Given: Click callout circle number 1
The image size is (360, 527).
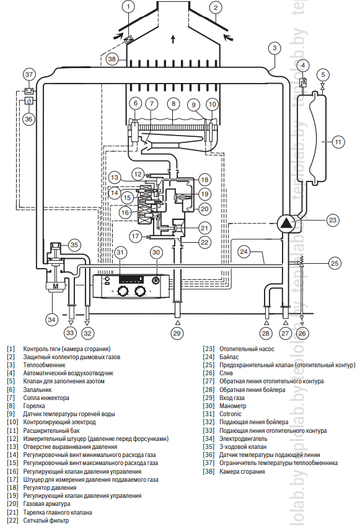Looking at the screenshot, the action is tap(128, 7).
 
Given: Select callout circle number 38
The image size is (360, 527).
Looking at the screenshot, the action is tap(112, 59).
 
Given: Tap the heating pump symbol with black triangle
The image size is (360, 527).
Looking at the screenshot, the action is tap(287, 222).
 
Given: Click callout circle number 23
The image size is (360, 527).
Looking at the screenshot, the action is tap(333, 220).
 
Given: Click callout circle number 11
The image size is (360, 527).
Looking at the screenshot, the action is tap(338, 142).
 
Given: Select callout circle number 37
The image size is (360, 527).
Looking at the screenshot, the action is tap(29, 74).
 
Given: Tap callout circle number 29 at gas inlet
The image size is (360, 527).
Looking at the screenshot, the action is tap(177, 333).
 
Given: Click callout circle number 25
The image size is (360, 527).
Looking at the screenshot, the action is tap(335, 263).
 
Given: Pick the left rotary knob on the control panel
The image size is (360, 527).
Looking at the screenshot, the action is tap(121, 291).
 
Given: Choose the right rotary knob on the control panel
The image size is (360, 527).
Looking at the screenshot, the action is tap(139, 291).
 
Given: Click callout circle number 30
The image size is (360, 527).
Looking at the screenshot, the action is tap(156, 252).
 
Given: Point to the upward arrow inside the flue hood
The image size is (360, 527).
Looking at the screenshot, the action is tap(173, 39).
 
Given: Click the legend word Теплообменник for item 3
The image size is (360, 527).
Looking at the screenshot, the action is tap(44, 365).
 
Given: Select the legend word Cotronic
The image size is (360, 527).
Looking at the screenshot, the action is tap(230, 414).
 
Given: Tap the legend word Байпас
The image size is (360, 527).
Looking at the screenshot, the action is tap(229, 357).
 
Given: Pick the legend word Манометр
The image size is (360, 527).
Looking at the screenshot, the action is tap(232, 406).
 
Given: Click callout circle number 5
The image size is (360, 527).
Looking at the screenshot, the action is tap(323, 74).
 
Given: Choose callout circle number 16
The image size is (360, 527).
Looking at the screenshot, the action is tap(125, 212).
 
